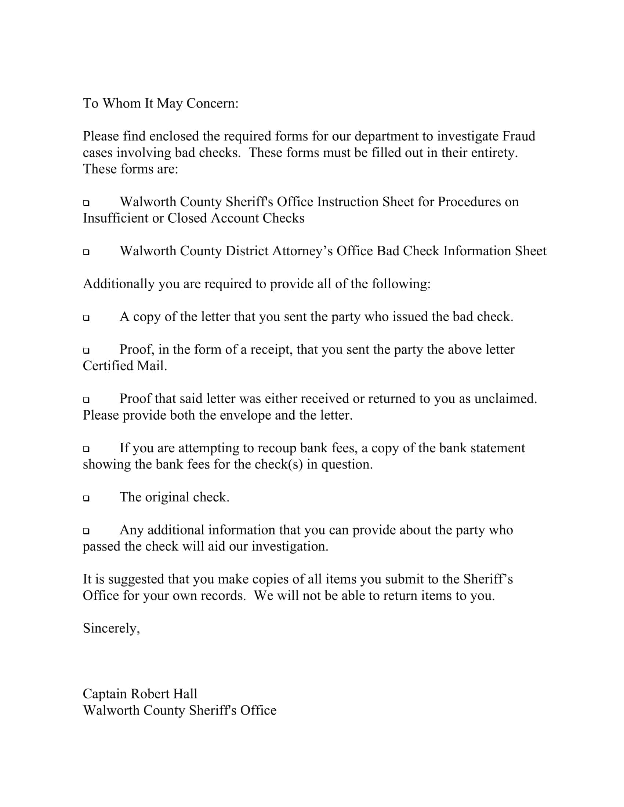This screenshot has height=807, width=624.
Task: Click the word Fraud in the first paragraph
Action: (x=518, y=136)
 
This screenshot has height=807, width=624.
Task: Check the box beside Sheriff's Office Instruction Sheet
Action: (x=86, y=203)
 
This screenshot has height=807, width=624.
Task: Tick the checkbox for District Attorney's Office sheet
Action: (x=86, y=252)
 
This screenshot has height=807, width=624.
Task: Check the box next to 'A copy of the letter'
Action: (x=86, y=318)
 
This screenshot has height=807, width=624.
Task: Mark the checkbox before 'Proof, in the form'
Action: (x=86, y=350)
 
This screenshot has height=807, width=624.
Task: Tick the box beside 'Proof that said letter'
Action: (x=86, y=400)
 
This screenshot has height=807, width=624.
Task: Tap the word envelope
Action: (x=246, y=415)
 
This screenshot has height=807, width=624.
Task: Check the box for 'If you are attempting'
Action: (x=86, y=449)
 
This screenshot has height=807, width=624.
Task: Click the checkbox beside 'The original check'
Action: (x=86, y=498)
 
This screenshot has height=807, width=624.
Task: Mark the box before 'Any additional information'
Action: (x=86, y=531)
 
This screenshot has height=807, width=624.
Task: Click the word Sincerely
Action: (x=111, y=628)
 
